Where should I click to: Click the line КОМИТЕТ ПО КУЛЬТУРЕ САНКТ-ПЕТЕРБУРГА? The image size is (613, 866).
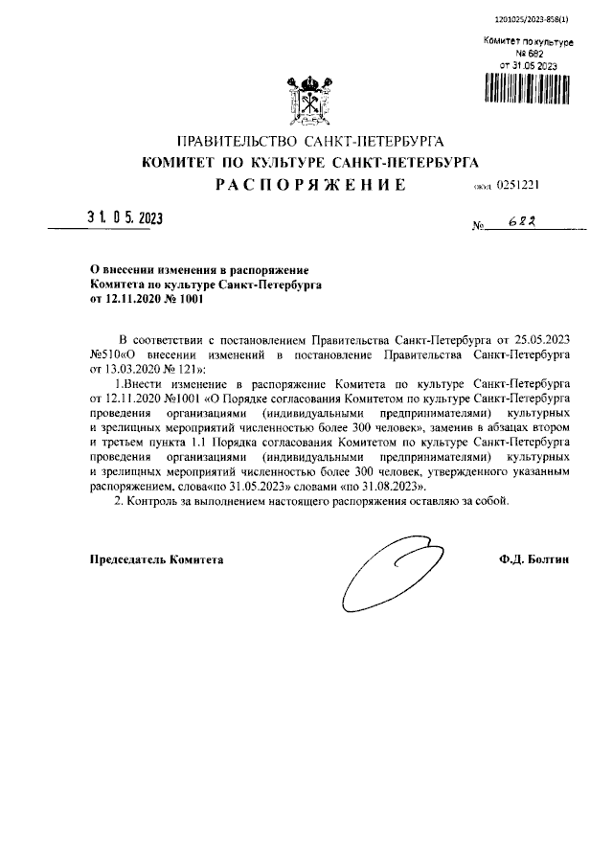(309, 163)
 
